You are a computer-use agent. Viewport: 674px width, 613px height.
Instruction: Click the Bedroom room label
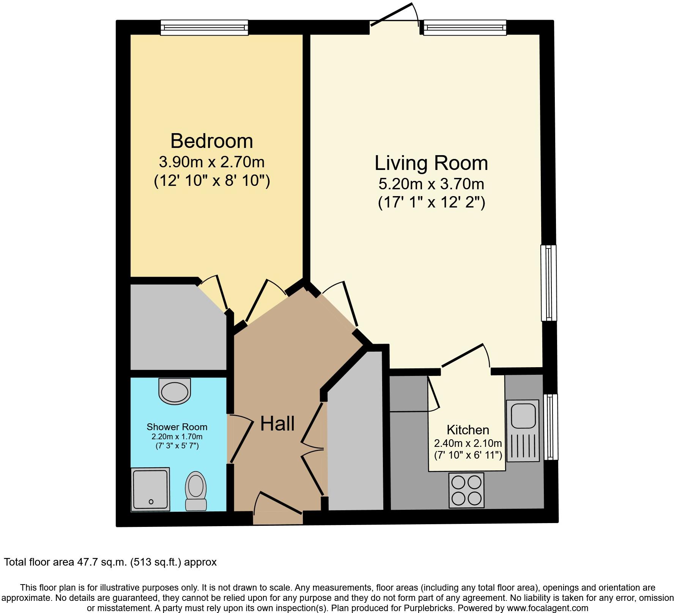pos(211,141)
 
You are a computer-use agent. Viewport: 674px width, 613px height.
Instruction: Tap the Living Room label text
pos(431,163)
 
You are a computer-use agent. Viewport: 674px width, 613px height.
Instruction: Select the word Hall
pos(277,423)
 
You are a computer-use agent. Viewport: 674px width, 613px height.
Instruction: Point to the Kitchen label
pos(468,430)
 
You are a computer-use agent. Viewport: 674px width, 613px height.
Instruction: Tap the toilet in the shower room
pos(196,491)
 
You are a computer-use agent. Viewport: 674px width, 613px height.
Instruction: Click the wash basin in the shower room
pos(175,391)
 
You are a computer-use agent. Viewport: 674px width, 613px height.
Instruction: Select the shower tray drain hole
pos(151,502)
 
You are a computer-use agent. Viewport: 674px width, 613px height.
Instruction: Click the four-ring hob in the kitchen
pos(466,490)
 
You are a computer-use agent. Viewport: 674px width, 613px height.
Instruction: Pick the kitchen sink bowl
pos(523,416)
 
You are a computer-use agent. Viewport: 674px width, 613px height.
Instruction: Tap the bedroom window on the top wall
pos(204,28)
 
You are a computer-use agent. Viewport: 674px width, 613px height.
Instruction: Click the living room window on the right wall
pos(548,283)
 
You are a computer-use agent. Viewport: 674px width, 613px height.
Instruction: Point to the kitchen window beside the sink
pos(551,427)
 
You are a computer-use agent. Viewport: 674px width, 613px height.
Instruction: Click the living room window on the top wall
pos(465,28)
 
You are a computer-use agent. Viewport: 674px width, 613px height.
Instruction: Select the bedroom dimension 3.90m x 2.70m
pos(211,162)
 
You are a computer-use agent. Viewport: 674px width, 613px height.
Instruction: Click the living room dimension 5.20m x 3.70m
pos(431,184)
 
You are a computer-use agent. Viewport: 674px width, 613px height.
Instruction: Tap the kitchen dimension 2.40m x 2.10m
pos(468,443)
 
